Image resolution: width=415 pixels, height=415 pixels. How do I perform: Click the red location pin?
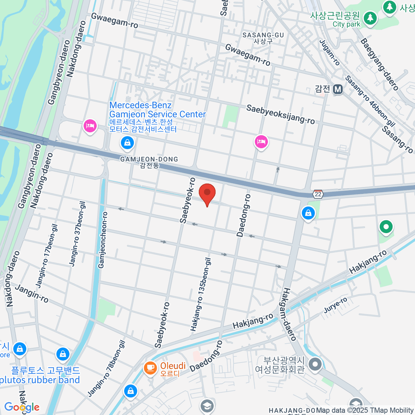(x=207, y=194)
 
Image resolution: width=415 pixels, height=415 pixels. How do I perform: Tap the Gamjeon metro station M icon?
(x=338, y=89)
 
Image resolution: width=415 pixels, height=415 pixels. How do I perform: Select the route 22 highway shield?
(x=318, y=194)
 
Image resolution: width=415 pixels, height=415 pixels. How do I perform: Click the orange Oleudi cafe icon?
(x=150, y=368)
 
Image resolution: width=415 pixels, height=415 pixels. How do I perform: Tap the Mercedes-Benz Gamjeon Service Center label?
(x=157, y=110)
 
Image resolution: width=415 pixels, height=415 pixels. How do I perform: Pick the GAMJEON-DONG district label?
(x=149, y=159)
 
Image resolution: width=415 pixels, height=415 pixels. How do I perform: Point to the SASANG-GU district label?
(x=263, y=35)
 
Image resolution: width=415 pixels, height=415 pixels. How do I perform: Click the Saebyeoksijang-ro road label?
(x=280, y=114)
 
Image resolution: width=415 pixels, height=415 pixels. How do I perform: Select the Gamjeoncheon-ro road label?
(x=103, y=240)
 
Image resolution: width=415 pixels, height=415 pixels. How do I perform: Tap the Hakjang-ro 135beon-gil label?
(x=201, y=294)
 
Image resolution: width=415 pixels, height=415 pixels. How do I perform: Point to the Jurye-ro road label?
(x=335, y=305)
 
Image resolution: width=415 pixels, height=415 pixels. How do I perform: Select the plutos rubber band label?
(x=40, y=380)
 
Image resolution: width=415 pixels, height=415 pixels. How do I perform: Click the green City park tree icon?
(x=370, y=18)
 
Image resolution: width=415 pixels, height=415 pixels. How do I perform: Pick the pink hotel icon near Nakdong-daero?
(x=90, y=126)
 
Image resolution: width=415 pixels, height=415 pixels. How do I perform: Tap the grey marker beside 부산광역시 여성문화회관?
(x=315, y=364)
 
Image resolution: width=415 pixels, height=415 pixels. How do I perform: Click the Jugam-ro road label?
(x=330, y=52)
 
